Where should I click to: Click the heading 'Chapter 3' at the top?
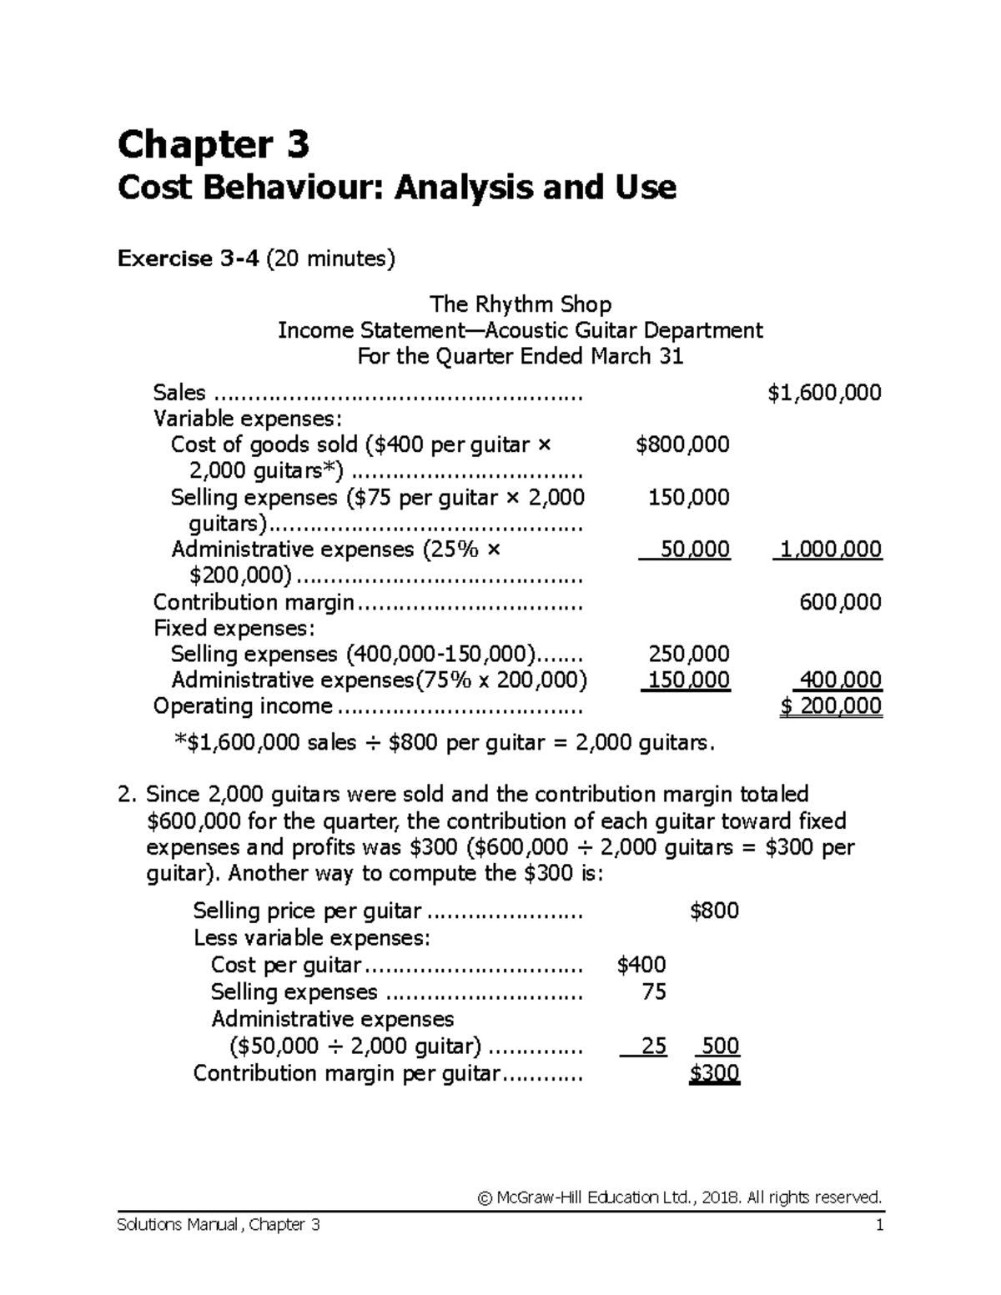click(214, 145)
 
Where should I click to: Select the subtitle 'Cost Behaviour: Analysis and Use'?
click(396, 188)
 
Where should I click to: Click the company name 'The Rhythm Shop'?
click(520, 304)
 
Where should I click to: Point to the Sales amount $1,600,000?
click(824, 393)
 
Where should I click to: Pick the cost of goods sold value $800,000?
click(682, 444)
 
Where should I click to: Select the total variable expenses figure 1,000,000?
click(827, 550)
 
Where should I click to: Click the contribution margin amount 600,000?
click(840, 602)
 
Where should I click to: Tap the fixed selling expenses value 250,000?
click(688, 654)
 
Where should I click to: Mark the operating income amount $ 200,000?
click(831, 706)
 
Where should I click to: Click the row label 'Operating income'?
click(243, 706)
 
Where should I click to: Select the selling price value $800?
click(715, 911)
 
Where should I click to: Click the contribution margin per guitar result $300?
click(715, 1073)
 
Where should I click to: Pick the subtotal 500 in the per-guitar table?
click(721, 1047)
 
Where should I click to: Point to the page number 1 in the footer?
click(878, 1225)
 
